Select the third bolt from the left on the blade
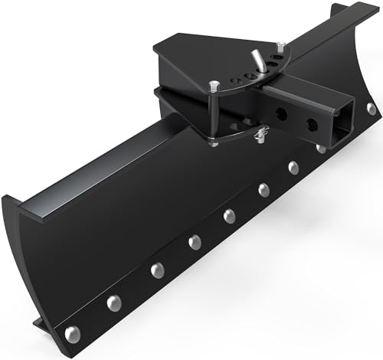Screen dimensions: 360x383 (157, 269)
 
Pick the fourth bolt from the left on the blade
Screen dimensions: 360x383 (195, 242)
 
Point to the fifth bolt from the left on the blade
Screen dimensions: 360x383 (229, 215)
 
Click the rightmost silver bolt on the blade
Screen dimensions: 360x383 (372, 110)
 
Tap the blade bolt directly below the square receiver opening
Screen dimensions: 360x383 (322, 147)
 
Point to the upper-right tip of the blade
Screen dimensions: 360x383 (335, 7)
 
